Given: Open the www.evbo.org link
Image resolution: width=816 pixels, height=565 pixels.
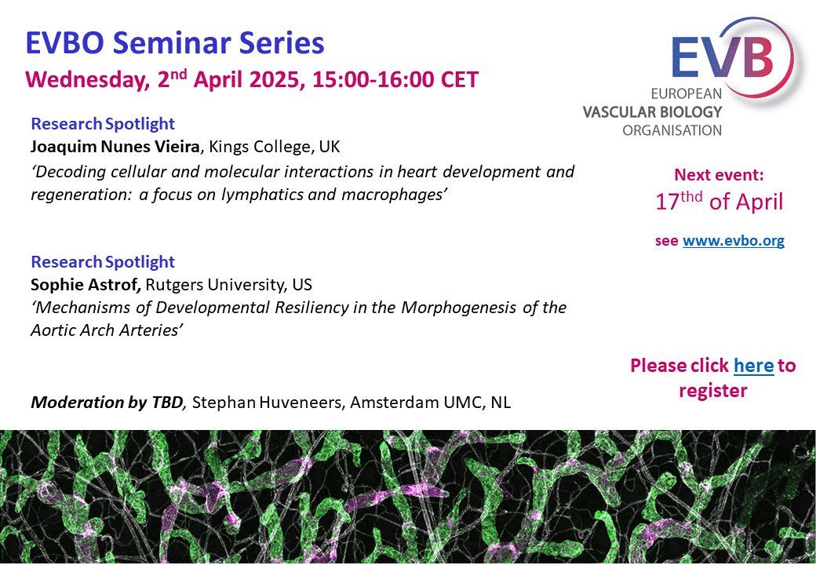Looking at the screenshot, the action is coord(734,241).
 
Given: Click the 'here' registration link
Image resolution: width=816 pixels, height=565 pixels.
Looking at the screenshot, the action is coord(753,365).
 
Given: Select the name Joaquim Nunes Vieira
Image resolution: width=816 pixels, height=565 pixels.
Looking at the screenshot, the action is coord(115,147).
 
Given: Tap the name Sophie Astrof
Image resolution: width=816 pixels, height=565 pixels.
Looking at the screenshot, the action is coord(86,285).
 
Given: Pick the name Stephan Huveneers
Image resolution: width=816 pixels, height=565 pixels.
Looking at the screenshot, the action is coord(265,403).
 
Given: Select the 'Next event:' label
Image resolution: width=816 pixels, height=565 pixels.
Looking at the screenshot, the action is coord(719,175).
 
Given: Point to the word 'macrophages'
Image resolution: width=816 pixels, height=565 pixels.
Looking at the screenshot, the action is coord(394,195).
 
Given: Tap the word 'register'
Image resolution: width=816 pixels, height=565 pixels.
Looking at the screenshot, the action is coord(713,391).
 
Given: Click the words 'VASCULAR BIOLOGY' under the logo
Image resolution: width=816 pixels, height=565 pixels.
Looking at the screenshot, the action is coord(652,112).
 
